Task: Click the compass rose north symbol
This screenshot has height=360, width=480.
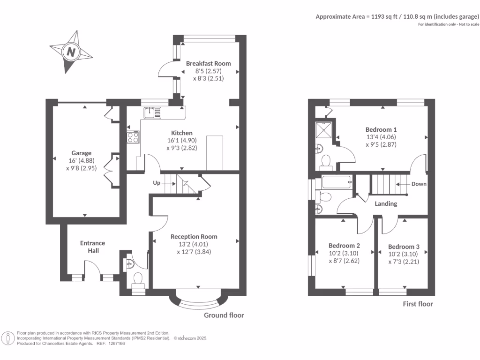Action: pos(71,52)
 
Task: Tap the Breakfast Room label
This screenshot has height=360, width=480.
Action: pos(208,63)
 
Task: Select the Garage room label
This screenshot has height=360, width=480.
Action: pos(81,153)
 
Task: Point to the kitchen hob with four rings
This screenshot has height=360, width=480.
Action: pos(133,137)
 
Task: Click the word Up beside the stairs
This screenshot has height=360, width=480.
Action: pos(157,183)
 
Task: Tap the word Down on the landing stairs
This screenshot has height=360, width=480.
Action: pos(419,184)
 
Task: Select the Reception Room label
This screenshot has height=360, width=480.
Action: pos(194,237)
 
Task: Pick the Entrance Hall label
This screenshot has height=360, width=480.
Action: pos(92,247)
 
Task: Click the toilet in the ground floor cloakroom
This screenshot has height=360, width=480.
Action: pos(138,278)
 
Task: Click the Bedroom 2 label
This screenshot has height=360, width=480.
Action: pos(344,246)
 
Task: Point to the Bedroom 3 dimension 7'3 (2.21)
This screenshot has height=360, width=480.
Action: pos(404,262)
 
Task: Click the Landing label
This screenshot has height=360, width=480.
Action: pos(386,204)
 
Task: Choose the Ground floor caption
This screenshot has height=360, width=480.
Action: pos(224,315)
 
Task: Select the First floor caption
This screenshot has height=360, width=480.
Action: pos(418,304)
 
